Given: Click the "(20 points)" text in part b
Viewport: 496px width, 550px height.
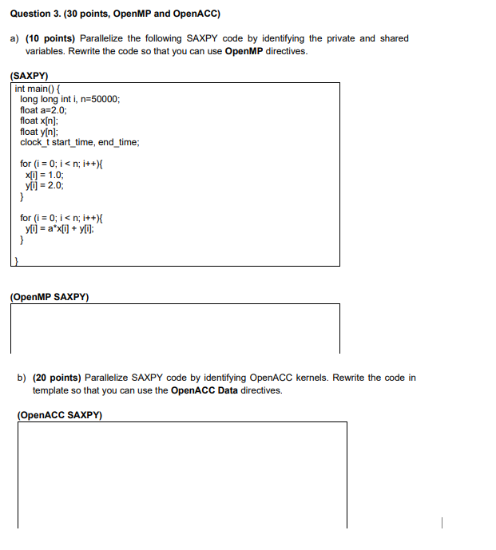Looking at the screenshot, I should pos(57,378).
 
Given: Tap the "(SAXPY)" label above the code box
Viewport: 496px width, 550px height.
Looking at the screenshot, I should pos(30,76).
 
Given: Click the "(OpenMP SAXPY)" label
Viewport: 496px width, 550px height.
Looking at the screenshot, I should pos(50,297).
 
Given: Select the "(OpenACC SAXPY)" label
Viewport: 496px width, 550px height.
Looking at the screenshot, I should pos(59,415).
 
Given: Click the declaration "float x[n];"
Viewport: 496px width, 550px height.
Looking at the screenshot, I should pos(39,121).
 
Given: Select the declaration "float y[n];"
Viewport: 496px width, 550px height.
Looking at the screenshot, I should pos(39,131).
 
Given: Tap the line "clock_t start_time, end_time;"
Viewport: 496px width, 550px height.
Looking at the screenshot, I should pos(80,142).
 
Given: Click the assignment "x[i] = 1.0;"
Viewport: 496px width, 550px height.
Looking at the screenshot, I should pos(45,174).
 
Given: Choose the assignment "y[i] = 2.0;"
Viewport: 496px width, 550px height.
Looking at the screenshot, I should pos(45,184).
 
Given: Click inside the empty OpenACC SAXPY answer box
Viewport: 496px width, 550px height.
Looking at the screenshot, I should pos(182,474).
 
